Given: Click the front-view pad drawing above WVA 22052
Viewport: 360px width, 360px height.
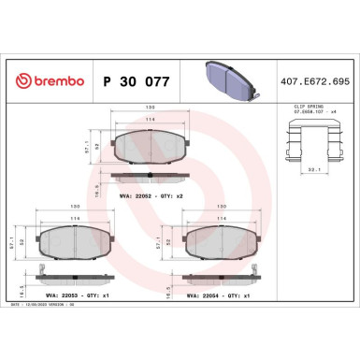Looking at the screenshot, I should tap(149, 146).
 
